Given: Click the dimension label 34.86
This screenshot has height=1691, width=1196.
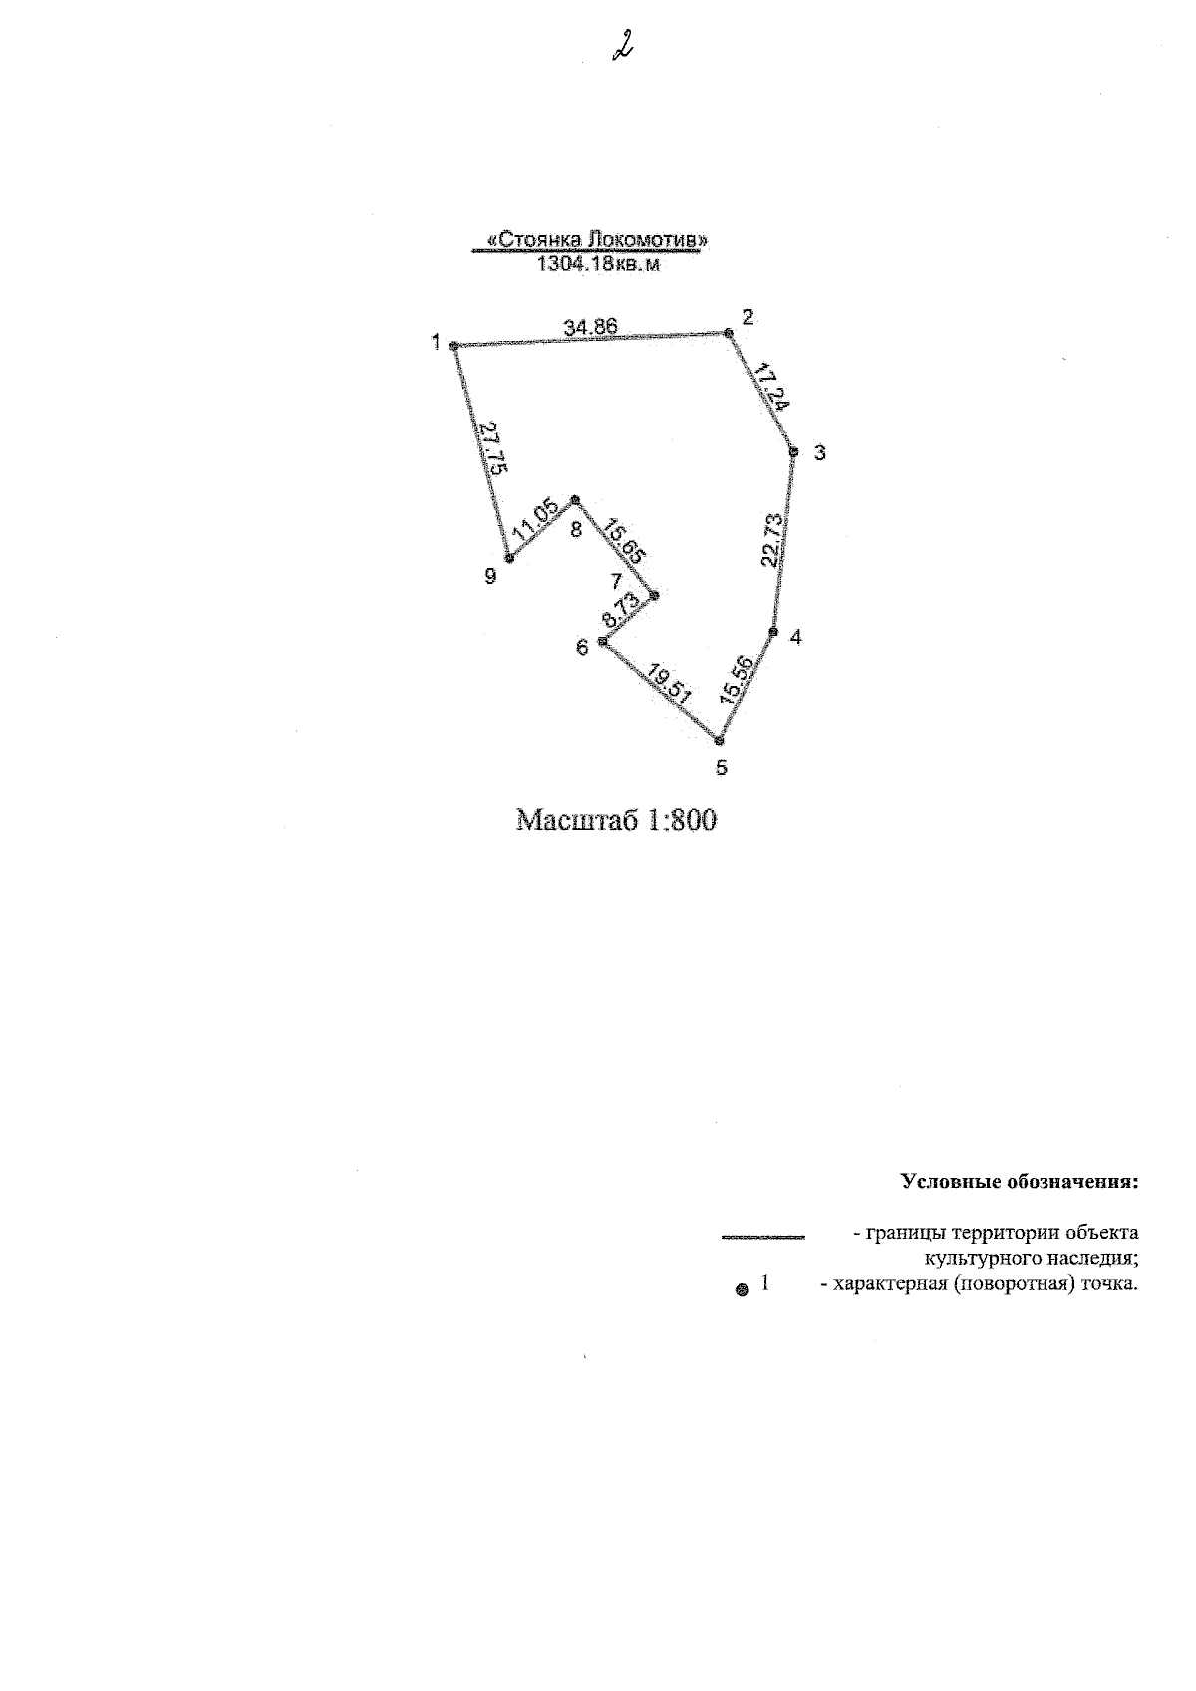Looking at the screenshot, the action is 590,327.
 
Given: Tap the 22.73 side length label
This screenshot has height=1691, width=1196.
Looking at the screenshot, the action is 773,540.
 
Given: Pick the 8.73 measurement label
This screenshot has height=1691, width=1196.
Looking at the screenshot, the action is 621,610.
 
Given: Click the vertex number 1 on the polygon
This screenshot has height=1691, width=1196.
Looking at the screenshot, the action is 436,343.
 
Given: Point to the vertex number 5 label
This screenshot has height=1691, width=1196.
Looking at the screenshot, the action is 721,767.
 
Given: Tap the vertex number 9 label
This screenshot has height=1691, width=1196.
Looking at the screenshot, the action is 490,576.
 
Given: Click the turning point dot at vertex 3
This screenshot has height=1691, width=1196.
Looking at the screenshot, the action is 793,451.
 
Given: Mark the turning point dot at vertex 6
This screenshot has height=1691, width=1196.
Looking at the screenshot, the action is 602,641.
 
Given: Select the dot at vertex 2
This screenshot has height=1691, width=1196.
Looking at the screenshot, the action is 728,332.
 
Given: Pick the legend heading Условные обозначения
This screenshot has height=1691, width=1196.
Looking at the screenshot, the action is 1020,1182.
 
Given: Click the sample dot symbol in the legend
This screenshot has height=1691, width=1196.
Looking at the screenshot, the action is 743,1290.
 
